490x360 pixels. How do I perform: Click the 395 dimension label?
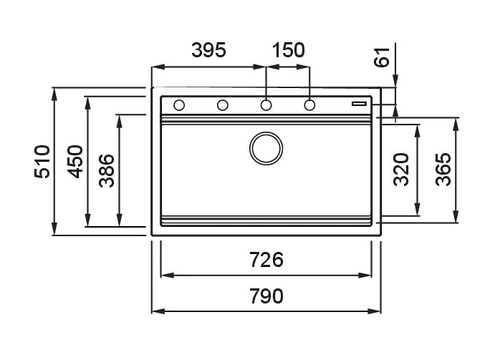tap(208, 50)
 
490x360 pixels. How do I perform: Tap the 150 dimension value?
tap(289, 50)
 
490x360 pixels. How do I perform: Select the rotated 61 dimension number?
tap(382, 57)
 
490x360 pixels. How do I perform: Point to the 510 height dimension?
tap(42, 162)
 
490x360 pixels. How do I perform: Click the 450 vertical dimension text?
tap(75, 162)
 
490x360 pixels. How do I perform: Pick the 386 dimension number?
tap(107, 170)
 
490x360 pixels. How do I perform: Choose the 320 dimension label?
tap(401, 170)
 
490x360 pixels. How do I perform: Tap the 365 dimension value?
tap(443, 170)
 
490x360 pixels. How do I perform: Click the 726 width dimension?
tap(266, 260)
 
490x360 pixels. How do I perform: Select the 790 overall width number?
tap(266, 296)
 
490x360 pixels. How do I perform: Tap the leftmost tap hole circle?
tap(179, 105)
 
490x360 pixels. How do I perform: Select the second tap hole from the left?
tap(223, 105)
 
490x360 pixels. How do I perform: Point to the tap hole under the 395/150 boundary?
tap(266, 105)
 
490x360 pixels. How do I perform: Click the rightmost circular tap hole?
tap(309, 105)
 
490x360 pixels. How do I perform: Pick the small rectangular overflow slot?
tap(359, 103)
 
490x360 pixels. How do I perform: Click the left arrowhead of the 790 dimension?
tap(158, 311)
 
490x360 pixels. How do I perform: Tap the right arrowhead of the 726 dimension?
tap(365, 276)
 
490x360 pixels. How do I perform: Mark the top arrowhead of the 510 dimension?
tap(54, 94)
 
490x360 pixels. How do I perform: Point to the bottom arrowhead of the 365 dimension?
tap(456, 216)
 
